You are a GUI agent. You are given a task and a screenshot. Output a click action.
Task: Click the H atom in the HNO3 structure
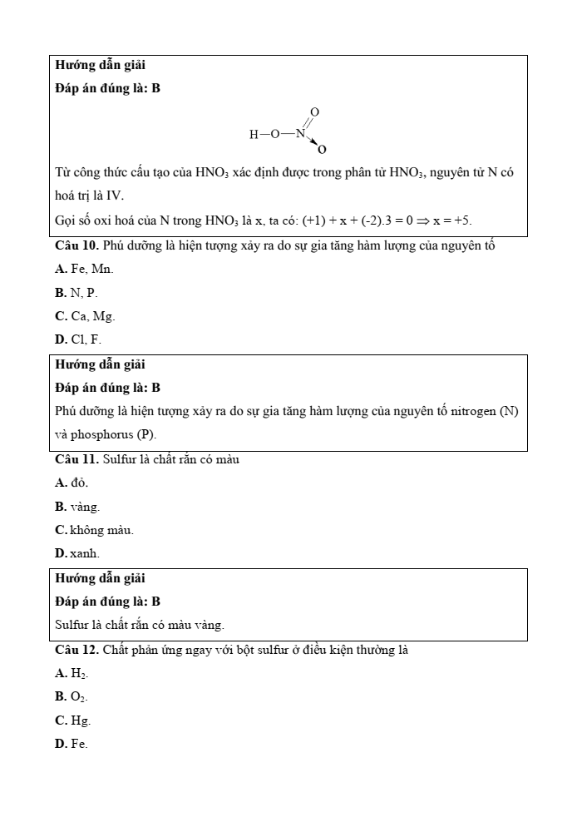254,134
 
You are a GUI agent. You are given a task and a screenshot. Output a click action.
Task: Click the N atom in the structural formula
300,133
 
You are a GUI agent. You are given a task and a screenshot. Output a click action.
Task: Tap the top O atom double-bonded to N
314,111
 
